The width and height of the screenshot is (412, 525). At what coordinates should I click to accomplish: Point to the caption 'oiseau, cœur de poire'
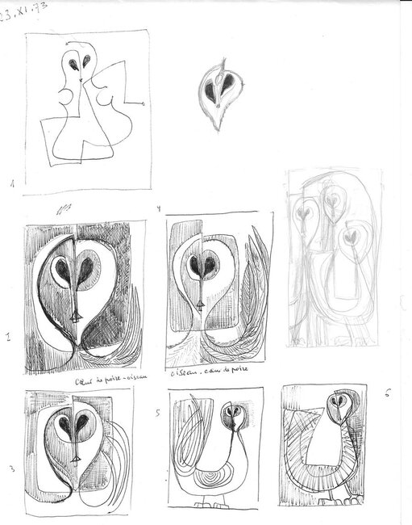(x=209, y=374)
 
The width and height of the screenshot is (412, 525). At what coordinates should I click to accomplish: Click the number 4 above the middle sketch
(x=159, y=209)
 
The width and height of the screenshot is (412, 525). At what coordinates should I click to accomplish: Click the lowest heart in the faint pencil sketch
(x=348, y=237)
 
